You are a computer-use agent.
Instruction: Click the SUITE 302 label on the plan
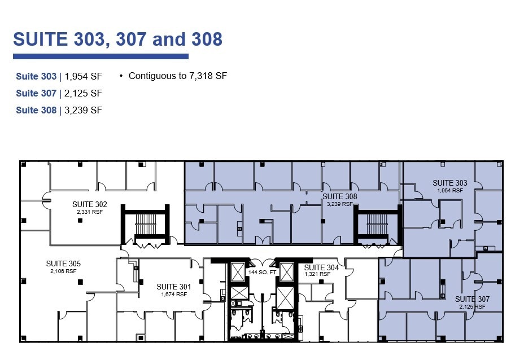tap(90, 204)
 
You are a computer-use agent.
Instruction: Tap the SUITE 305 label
tap(63, 264)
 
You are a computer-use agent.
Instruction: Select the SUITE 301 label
tap(173, 287)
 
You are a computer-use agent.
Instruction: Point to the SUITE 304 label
tap(321, 267)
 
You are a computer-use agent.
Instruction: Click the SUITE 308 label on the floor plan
tap(339, 196)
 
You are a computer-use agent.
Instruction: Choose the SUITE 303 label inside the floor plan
tap(450, 183)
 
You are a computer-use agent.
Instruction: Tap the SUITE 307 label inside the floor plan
tap(472, 299)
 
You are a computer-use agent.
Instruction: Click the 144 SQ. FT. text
tap(263, 273)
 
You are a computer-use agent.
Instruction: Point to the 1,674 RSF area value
tap(173, 294)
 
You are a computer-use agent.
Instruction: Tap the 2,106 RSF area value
tap(63, 271)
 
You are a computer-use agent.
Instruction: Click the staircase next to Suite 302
tap(146, 226)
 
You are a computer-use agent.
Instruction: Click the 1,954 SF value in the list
tap(84, 76)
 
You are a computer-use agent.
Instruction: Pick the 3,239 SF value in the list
tap(84, 110)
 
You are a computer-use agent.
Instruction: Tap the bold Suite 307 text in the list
tap(36, 93)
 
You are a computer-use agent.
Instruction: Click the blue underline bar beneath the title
tap(101, 56)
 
